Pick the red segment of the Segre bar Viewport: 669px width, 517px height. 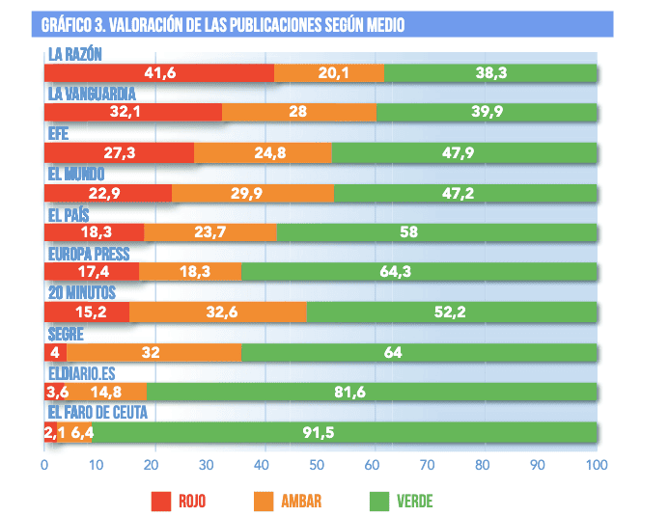55,352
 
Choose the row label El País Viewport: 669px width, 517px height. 69,214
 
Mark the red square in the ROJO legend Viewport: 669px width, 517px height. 161,501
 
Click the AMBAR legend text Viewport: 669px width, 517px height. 302,501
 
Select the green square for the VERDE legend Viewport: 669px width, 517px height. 378,501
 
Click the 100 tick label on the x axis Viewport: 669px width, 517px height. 596,464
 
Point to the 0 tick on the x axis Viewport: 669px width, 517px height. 44,464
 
